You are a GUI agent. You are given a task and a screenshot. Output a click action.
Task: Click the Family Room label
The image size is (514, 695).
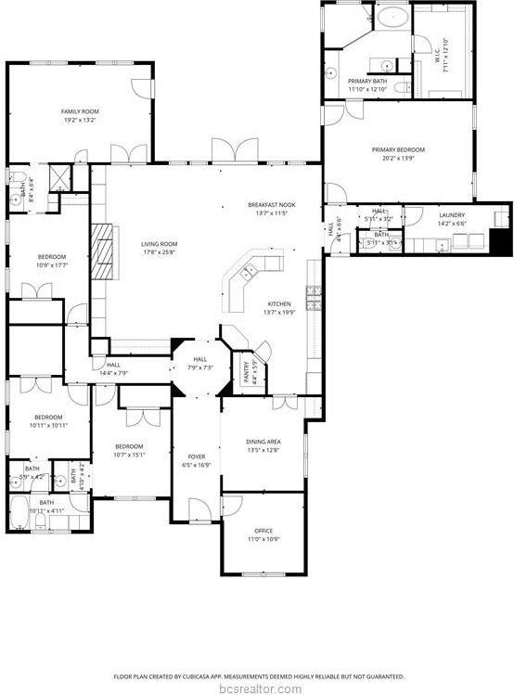(80, 111)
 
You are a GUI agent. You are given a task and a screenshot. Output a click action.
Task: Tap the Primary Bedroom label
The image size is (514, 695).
(398, 150)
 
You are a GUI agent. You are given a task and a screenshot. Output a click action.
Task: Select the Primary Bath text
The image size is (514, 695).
(366, 82)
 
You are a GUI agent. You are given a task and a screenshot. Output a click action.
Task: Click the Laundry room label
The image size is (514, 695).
(452, 215)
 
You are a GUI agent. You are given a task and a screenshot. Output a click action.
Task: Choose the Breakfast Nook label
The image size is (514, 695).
(271, 204)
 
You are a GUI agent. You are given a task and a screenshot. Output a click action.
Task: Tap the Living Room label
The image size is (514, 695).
(159, 244)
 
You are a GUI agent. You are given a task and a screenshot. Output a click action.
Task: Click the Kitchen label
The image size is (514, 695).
(279, 304)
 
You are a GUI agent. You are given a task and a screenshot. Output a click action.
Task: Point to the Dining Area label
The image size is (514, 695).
(263, 441)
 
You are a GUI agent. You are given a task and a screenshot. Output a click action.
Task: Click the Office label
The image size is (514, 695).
(263, 530)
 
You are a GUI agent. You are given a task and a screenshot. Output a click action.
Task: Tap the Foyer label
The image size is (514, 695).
(197, 457)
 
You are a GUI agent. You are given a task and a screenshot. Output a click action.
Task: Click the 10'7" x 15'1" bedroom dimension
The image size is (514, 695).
(129, 455)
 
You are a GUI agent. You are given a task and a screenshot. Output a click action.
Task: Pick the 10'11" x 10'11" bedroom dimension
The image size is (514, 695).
(48, 425)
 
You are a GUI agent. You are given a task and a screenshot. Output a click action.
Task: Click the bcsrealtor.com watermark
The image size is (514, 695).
(256, 688)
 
